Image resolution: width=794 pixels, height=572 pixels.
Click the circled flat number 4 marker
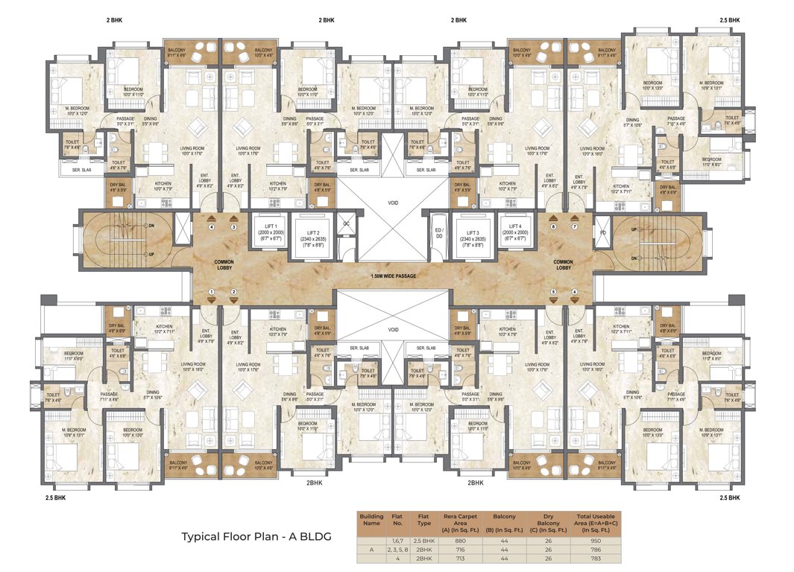pos(212,227)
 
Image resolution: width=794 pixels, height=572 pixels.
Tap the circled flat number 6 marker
pos(574,291)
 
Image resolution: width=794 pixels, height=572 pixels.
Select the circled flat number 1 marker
pos(212,291)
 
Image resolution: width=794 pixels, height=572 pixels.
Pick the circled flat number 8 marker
pos(552,227)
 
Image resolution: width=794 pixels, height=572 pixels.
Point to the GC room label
pos(346,223)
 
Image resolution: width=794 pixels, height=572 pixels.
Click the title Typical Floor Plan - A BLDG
pos(256,536)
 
